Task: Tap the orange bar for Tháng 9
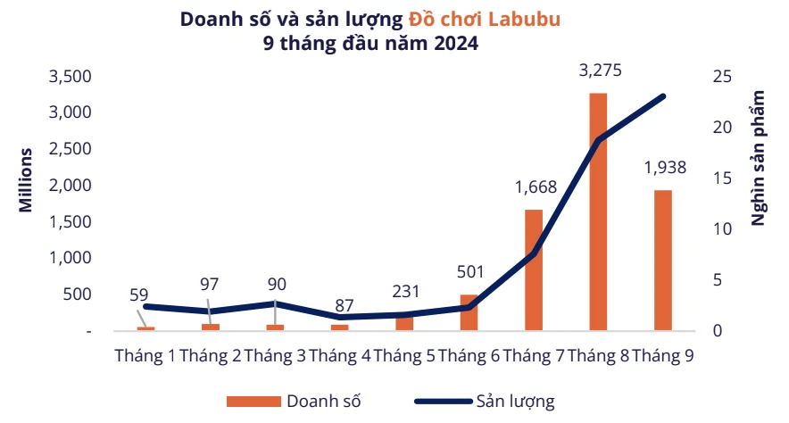[662, 260]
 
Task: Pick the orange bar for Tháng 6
[469, 312]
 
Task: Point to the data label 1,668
[536, 187]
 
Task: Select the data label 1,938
[664, 168]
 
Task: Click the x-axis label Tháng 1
[145, 355]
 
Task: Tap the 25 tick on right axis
[722, 77]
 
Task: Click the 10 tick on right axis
[722, 229]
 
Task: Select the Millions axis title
[27, 179]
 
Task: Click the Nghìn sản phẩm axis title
[759, 157]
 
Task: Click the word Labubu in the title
[523, 19]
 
